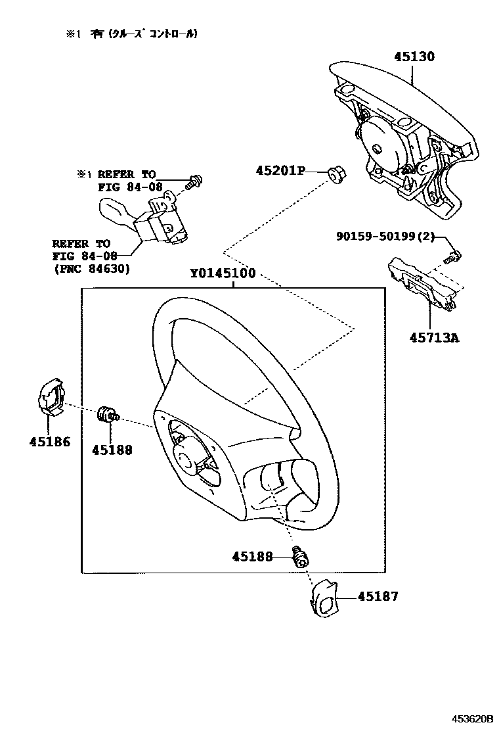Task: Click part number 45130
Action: point(414,57)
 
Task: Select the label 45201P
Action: point(281,171)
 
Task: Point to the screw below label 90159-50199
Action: point(452,256)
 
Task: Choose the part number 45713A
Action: point(434,338)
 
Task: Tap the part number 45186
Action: point(49,442)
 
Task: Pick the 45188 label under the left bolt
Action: point(112,450)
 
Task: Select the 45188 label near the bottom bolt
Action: point(251,556)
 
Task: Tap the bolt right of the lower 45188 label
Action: point(301,557)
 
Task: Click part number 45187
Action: point(378,597)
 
